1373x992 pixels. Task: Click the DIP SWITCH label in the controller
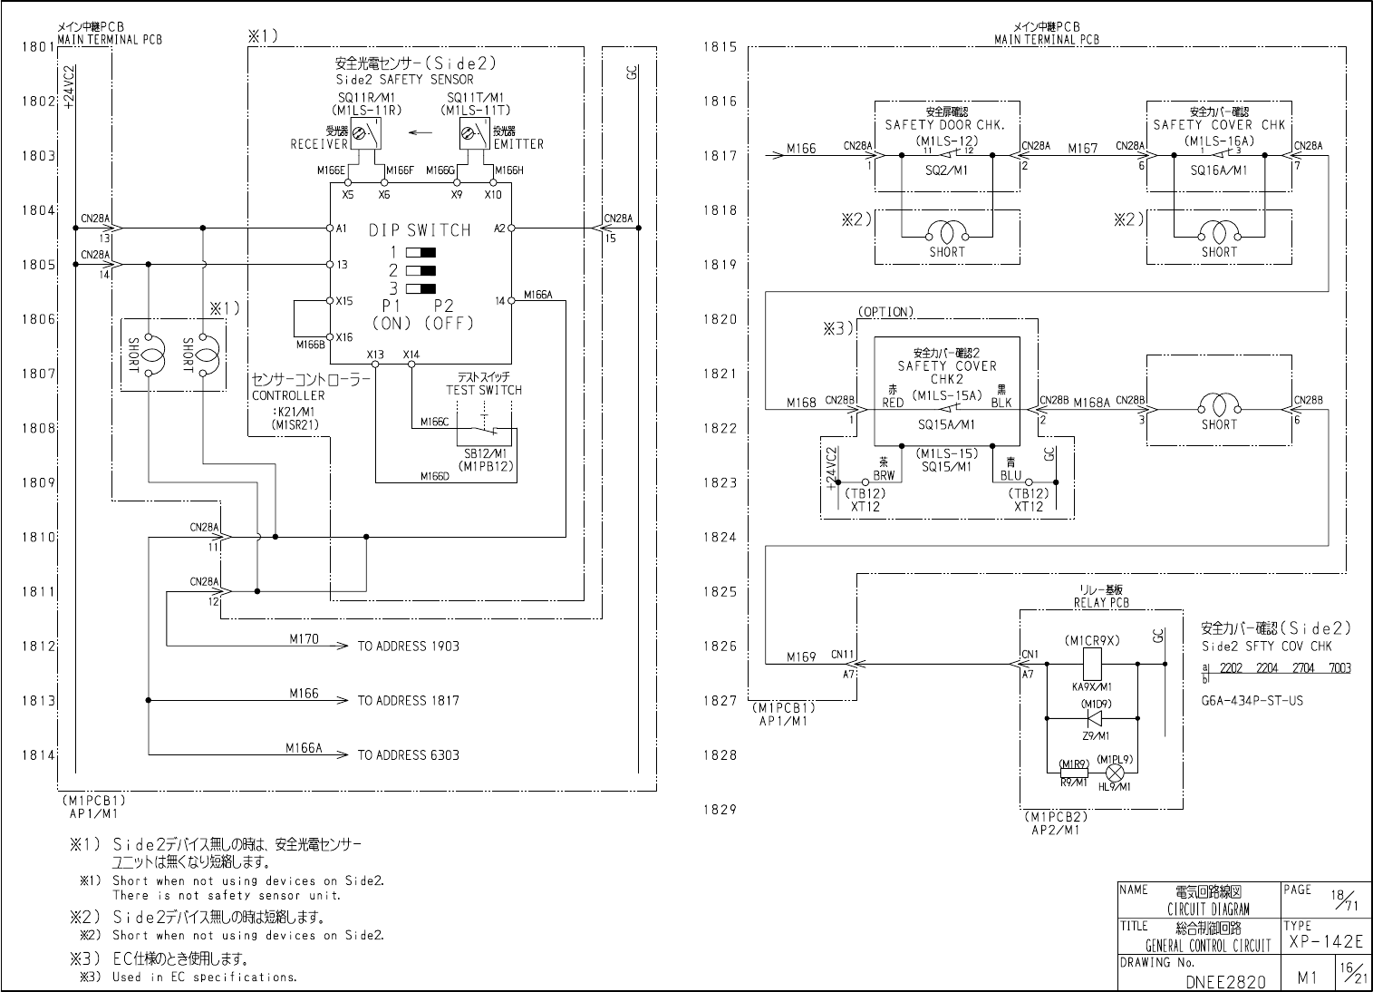[420, 230]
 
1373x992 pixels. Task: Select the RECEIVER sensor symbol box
[367, 135]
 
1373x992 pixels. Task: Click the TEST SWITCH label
[483, 390]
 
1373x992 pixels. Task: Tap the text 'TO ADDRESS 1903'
[408, 647]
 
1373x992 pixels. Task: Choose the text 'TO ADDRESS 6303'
[408, 755]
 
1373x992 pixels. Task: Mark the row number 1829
[720, 810]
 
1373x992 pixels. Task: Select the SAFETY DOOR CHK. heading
[945, 124]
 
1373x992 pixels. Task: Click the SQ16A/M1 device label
[1219, 170]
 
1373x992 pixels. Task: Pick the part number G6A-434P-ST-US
[1252, 701]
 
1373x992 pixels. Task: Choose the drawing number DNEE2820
[1225, 981]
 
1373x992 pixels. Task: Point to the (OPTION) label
[885, 312]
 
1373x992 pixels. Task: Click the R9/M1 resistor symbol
[1073, 772]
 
